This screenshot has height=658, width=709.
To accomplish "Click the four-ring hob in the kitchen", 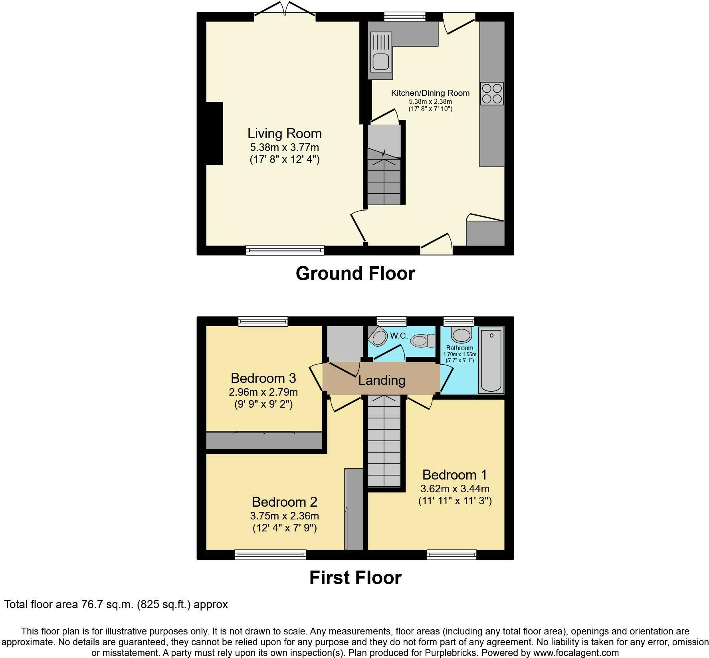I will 491,93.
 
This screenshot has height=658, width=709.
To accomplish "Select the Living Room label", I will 284,133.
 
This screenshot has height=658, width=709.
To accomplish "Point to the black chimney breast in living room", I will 214,133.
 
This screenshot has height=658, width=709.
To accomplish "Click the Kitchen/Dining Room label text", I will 430,93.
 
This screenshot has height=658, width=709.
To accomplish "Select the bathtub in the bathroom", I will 491,360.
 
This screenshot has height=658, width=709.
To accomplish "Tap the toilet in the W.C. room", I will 423,341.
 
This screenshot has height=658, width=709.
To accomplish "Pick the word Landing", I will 382,380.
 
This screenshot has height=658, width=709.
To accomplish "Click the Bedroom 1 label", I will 455,475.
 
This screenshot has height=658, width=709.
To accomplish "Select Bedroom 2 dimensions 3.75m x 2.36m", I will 284,515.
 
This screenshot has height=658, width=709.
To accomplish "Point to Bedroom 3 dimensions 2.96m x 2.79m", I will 263,392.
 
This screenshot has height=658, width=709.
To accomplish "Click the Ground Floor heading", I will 355,274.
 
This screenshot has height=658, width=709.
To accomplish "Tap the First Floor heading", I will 355,578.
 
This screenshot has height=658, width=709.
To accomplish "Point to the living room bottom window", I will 285,250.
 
